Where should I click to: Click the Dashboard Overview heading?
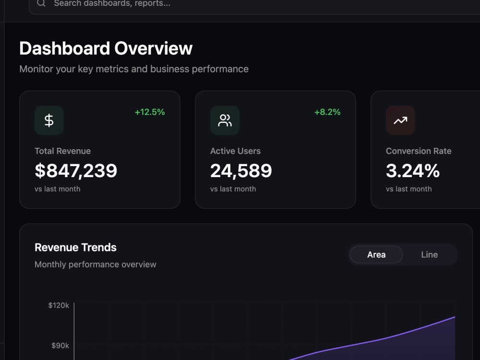point(106,48)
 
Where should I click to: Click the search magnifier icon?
point(41,3)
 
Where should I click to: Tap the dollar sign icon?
point(49,120)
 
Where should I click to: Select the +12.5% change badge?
point(150,112)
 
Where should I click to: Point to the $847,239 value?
point(76,171)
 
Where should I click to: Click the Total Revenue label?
point(63,151)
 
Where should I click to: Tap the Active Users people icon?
point(225,120)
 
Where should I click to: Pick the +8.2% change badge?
point(327,112)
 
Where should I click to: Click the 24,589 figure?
point(241,171)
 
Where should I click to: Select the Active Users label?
point(235,151)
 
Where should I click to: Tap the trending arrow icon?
point(400,120)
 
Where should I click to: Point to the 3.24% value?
point(413,171)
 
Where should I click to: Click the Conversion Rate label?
point(419,151)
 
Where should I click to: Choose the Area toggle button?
point(376,254)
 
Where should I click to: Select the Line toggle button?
point(430,254)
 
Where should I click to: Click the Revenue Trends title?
point(76,247)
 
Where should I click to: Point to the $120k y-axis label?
point(59,305)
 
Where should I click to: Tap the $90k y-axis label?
point(60,346)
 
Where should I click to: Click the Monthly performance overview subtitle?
point(96,264)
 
